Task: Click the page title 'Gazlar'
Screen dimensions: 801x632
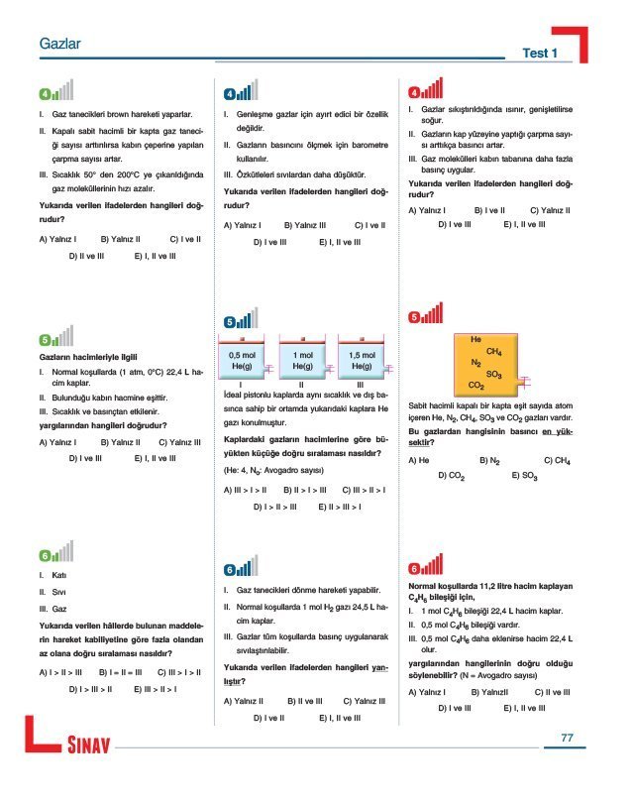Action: (x=58, y=46)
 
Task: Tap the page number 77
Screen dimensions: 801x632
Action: (x=567, y=738)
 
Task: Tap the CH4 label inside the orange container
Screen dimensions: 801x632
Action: (x=494, y=352)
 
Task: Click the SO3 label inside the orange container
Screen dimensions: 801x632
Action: (x=495, y=374)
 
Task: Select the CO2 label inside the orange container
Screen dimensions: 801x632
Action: (x=475, y=385)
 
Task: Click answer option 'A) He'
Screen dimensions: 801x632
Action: (x=418, y=460)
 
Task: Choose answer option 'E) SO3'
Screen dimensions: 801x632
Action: (x=525, y=476)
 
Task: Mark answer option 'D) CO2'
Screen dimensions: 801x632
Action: (x=452, y=476)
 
